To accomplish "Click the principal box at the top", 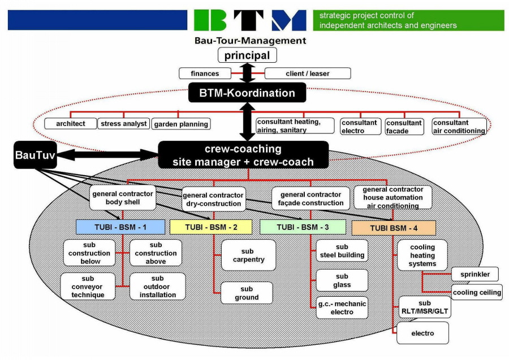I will pyautogui.click(x=247, y=55).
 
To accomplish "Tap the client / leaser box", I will pyautogui.click(x=308, y=73).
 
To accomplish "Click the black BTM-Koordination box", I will pyautogui.click(x=247, y=93).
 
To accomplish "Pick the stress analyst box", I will pyautogui.click(x=124, y=123).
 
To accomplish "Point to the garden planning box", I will pyautogui.click(x=181, y=123).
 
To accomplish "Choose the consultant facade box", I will pyautogui.click(x=404, y=127).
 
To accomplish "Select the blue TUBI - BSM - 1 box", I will pyautogui.click(x=120, y=227).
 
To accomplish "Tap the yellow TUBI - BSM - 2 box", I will pyautogui.click(x=212, y=227).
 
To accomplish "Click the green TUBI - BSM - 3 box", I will pyautogui.click(x=303, y=227).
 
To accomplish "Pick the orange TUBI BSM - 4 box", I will pyautogui.click(x=394, y=228).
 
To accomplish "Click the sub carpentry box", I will pyautogui.click(x=248, y=255).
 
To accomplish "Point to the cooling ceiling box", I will pyautogui.click(x=477, y=292).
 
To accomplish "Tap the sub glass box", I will pyautogui.click(x=342, y=280).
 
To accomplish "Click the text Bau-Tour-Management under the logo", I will pyautogui.click(x=250, y=40).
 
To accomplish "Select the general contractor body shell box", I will pyautogui.click(x=122, y=198).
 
